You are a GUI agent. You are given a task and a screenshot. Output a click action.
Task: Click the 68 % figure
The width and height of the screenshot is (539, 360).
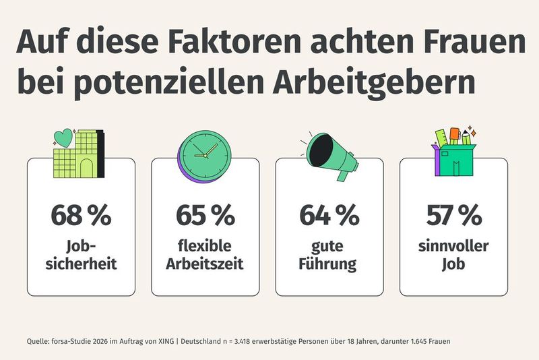[x=81, y=216]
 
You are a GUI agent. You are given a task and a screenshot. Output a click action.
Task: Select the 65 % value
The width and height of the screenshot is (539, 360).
[x=205, y=216]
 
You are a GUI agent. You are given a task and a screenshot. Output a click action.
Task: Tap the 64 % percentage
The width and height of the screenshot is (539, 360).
[x=329, y=216]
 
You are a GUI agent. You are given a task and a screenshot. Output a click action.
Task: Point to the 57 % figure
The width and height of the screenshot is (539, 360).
[x=453, y=216]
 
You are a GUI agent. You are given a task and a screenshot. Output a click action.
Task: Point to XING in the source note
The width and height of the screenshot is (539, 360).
[x=166, y=341]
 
